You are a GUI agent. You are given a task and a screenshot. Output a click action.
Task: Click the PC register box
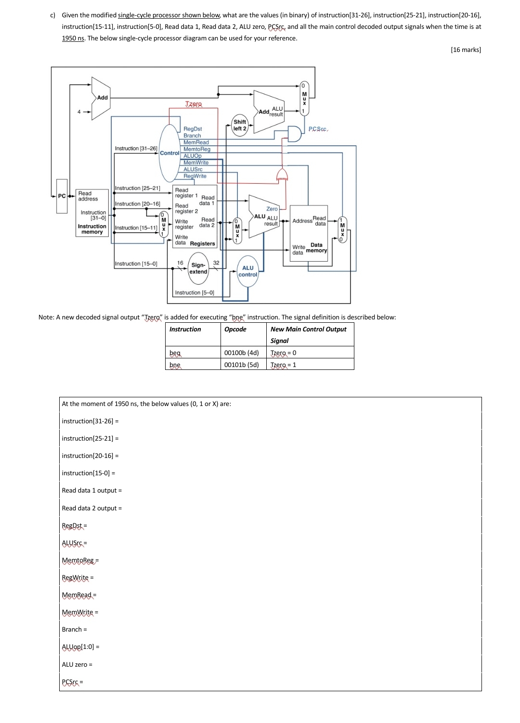click(62, 196)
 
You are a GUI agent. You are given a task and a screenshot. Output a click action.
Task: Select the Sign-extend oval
click(198, 268)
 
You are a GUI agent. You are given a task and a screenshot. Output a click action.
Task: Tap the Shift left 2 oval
click(240, 125)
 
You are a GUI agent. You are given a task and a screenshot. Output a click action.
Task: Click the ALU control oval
click(248, 271)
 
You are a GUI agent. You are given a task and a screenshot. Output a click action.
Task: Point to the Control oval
click(169, 153)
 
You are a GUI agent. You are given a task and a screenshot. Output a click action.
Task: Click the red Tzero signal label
click(194, 104)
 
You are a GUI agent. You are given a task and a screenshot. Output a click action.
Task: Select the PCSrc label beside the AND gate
click(318, 129)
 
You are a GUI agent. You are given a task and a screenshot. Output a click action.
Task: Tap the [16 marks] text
click(466, 50)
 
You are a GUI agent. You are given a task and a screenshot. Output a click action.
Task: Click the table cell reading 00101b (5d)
click(242, 365)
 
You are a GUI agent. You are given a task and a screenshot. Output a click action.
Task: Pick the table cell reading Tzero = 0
click(283, 353)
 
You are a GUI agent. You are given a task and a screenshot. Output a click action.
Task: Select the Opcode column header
click(235, 329)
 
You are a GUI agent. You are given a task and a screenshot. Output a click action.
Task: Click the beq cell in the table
click(175, 353)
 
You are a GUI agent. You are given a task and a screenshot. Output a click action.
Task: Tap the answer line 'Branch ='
click(74, 629)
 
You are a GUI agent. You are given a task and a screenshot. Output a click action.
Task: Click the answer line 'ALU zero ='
click(77, 664)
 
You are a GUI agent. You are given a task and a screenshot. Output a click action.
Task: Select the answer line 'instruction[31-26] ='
click(90, 421)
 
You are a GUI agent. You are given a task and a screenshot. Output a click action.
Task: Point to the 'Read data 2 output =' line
click(91, 508)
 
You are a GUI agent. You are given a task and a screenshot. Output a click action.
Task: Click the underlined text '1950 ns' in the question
click(73, 38)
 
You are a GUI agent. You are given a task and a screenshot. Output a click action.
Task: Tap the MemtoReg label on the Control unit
click(197, 149)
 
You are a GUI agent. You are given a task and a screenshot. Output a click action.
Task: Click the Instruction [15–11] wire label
click(136, 228)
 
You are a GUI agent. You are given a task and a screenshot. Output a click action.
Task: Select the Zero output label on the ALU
click(272, 209)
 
